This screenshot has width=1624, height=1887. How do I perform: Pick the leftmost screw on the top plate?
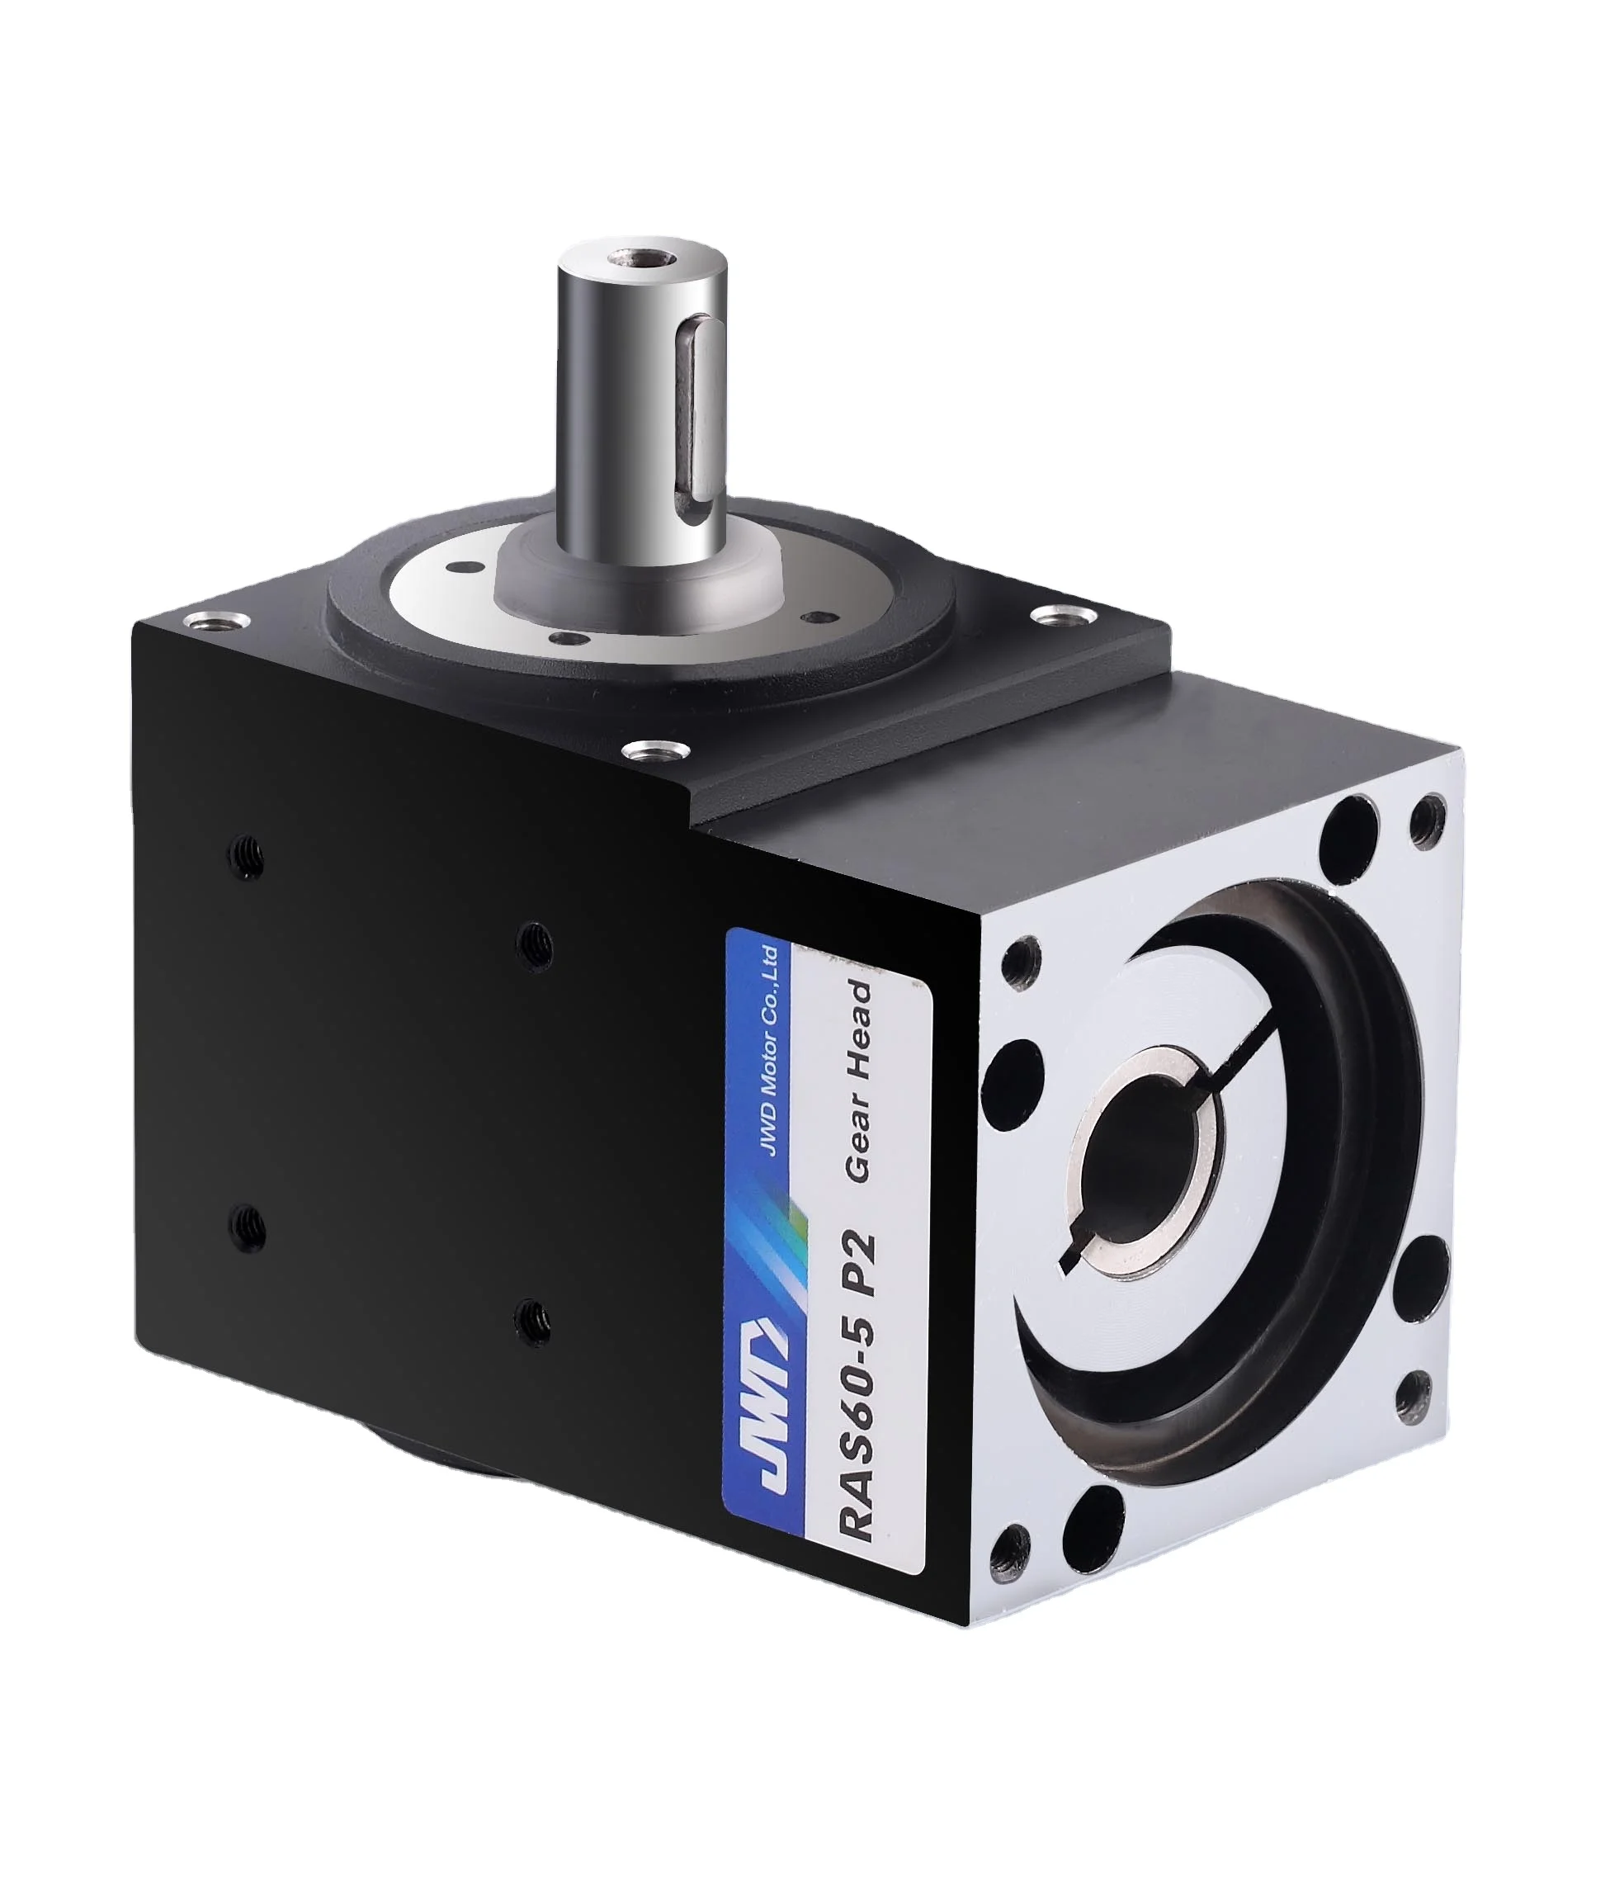click(x=217, y=622)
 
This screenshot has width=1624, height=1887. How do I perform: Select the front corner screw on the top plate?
click(x=654, y=751)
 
